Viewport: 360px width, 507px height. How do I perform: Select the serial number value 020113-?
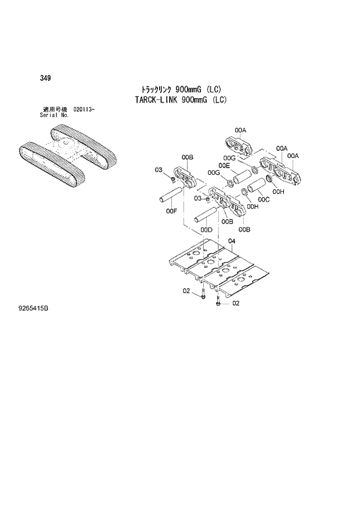[84, 110]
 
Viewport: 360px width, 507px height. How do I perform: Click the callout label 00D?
[206, 230]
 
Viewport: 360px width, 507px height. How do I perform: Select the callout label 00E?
[224, 166]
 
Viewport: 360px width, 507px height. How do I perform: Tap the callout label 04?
[231, 241]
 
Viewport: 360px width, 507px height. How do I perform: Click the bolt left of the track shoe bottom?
[203, 296]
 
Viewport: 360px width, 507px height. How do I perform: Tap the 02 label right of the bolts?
[236, 303]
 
